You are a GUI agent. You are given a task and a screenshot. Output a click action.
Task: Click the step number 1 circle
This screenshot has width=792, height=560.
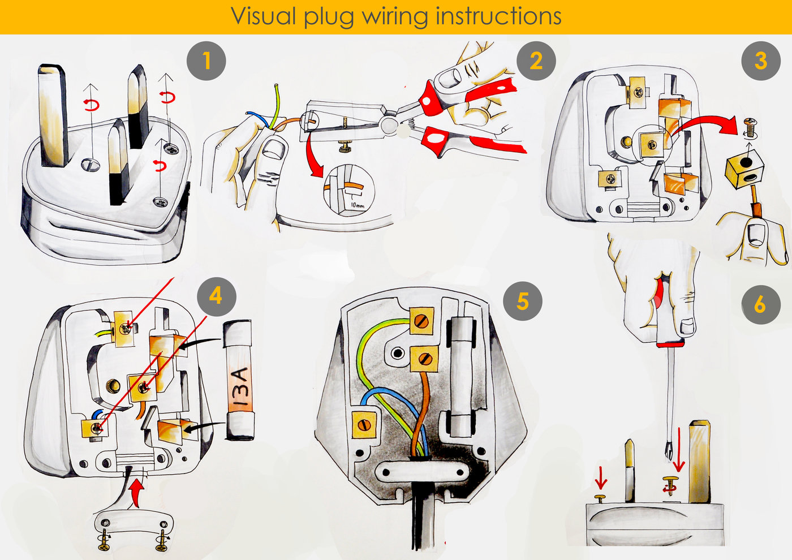click(x=206, y=61)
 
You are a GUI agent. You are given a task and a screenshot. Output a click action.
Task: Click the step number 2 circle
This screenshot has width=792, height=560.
click(x=536, y=61)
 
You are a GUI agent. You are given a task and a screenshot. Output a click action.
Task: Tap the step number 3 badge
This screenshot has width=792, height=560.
click(x=761, y=61)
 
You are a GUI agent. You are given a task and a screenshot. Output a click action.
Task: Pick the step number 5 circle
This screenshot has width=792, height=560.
click(x=523, y=301)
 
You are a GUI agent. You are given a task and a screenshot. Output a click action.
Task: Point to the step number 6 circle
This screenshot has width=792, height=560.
click(x=760, y=304)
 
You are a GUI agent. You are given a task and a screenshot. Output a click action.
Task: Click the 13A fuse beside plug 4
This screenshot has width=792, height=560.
click(x=240, y=380)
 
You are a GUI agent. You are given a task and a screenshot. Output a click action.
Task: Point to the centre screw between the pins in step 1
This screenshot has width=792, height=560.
click(x=90, y=165)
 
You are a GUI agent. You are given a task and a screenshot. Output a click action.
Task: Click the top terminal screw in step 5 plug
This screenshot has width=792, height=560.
click(x=422, y=321)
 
